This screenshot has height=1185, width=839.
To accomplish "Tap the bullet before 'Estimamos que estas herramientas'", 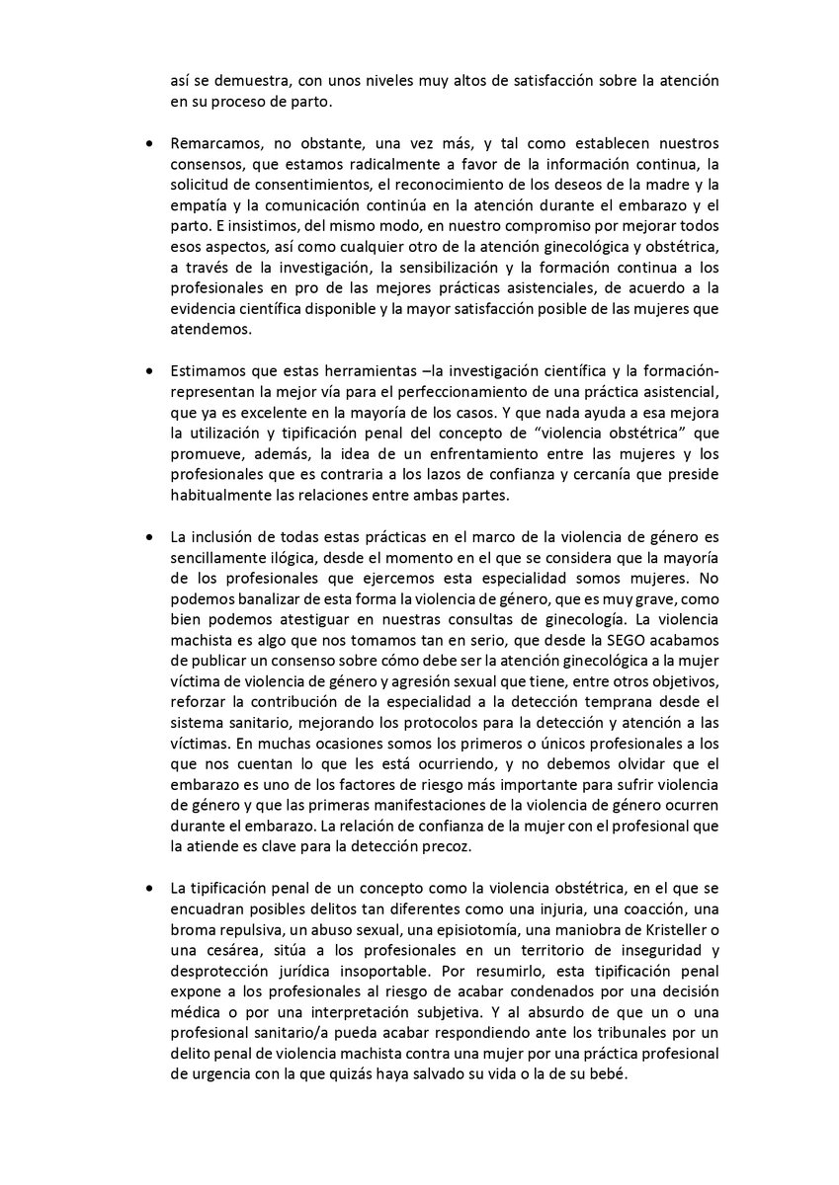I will coord(149,372).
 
